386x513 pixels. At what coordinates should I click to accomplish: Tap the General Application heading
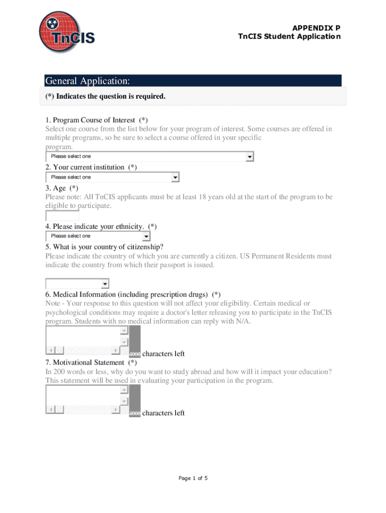(88, 81)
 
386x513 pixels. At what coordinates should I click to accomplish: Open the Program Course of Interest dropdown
(149, 157)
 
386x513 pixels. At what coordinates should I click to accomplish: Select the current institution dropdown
(112, 177)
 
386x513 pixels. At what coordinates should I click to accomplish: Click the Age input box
(62, 216)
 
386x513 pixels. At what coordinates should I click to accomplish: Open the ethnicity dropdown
(98, 236)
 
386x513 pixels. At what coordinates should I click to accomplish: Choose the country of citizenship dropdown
(77, 284)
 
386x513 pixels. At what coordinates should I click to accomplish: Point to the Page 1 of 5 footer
(193, 478)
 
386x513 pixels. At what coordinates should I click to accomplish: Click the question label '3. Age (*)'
(62, 188)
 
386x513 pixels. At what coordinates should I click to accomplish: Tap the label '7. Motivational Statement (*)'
(91, 362)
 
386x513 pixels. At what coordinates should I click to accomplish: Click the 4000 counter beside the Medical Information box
(134, 354)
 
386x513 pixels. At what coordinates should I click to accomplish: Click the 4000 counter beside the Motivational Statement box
(134, 413)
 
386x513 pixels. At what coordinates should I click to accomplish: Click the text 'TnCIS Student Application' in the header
(289, 37)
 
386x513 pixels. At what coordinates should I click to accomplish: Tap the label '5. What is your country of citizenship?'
(104, 247)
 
